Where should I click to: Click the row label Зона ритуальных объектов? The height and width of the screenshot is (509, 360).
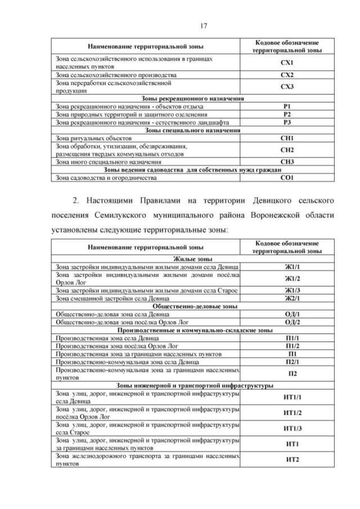click(93, 138)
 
